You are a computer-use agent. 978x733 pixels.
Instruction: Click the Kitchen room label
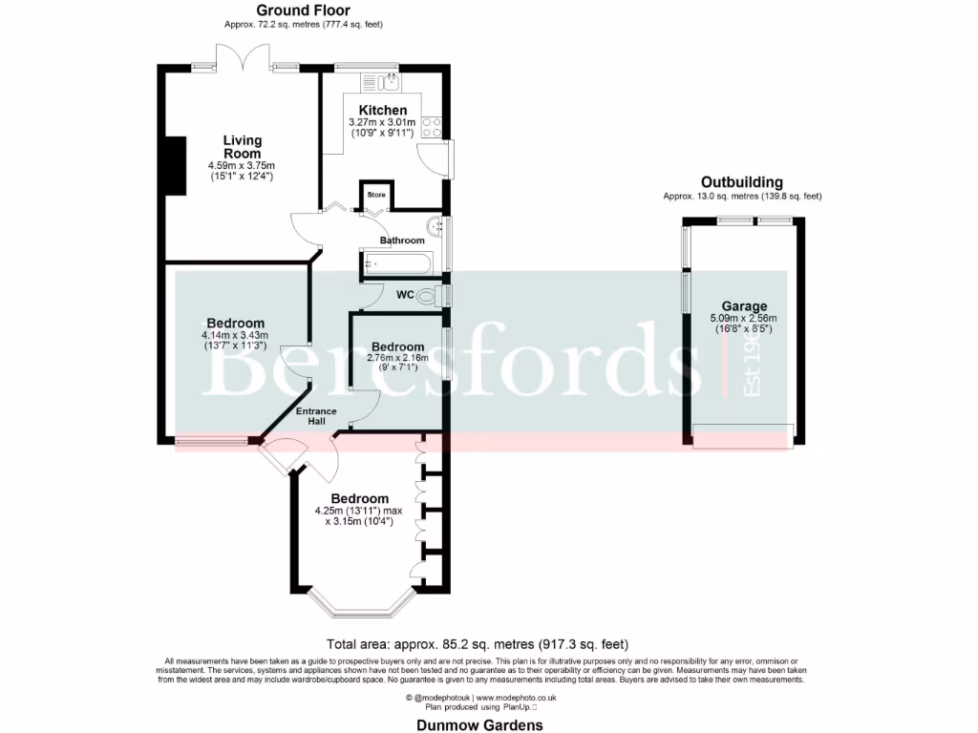(x=382, y=111)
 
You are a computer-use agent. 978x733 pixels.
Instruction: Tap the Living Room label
(x=242, y=147)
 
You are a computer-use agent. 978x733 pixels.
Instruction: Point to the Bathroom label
(x=401, y=241)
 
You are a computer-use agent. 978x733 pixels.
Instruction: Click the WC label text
(x=405, y=296)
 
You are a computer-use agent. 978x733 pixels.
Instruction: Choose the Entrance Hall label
(x=316, y=416)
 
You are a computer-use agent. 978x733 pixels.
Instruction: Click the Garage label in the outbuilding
(x=744, y=306)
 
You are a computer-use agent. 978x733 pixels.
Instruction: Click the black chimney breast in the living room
(x=176, y=164)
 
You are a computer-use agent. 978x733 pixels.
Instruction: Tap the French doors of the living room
(x=244, y=59)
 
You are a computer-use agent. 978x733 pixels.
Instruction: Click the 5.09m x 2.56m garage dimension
(x=743, y=318)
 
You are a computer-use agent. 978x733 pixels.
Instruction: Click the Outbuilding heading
(x=741, y=182)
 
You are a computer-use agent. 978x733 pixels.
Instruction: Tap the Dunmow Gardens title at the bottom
(x=479, y=724)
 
